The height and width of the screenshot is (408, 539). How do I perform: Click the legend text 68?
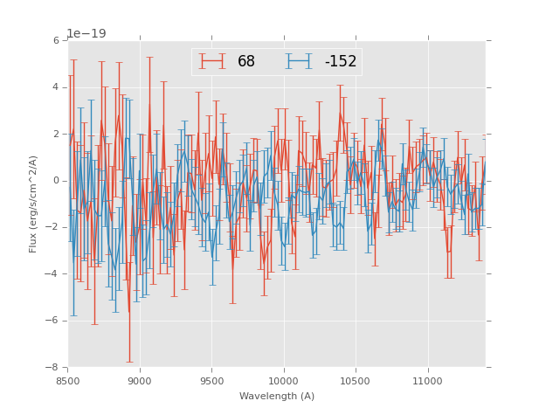(246, 62)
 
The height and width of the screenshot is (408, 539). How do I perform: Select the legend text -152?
(341, 62)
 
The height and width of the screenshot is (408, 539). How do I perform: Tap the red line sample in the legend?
(212, 61)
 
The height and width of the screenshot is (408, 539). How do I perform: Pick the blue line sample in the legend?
(300, 61)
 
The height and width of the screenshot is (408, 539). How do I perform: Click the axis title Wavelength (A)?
(276, 396)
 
